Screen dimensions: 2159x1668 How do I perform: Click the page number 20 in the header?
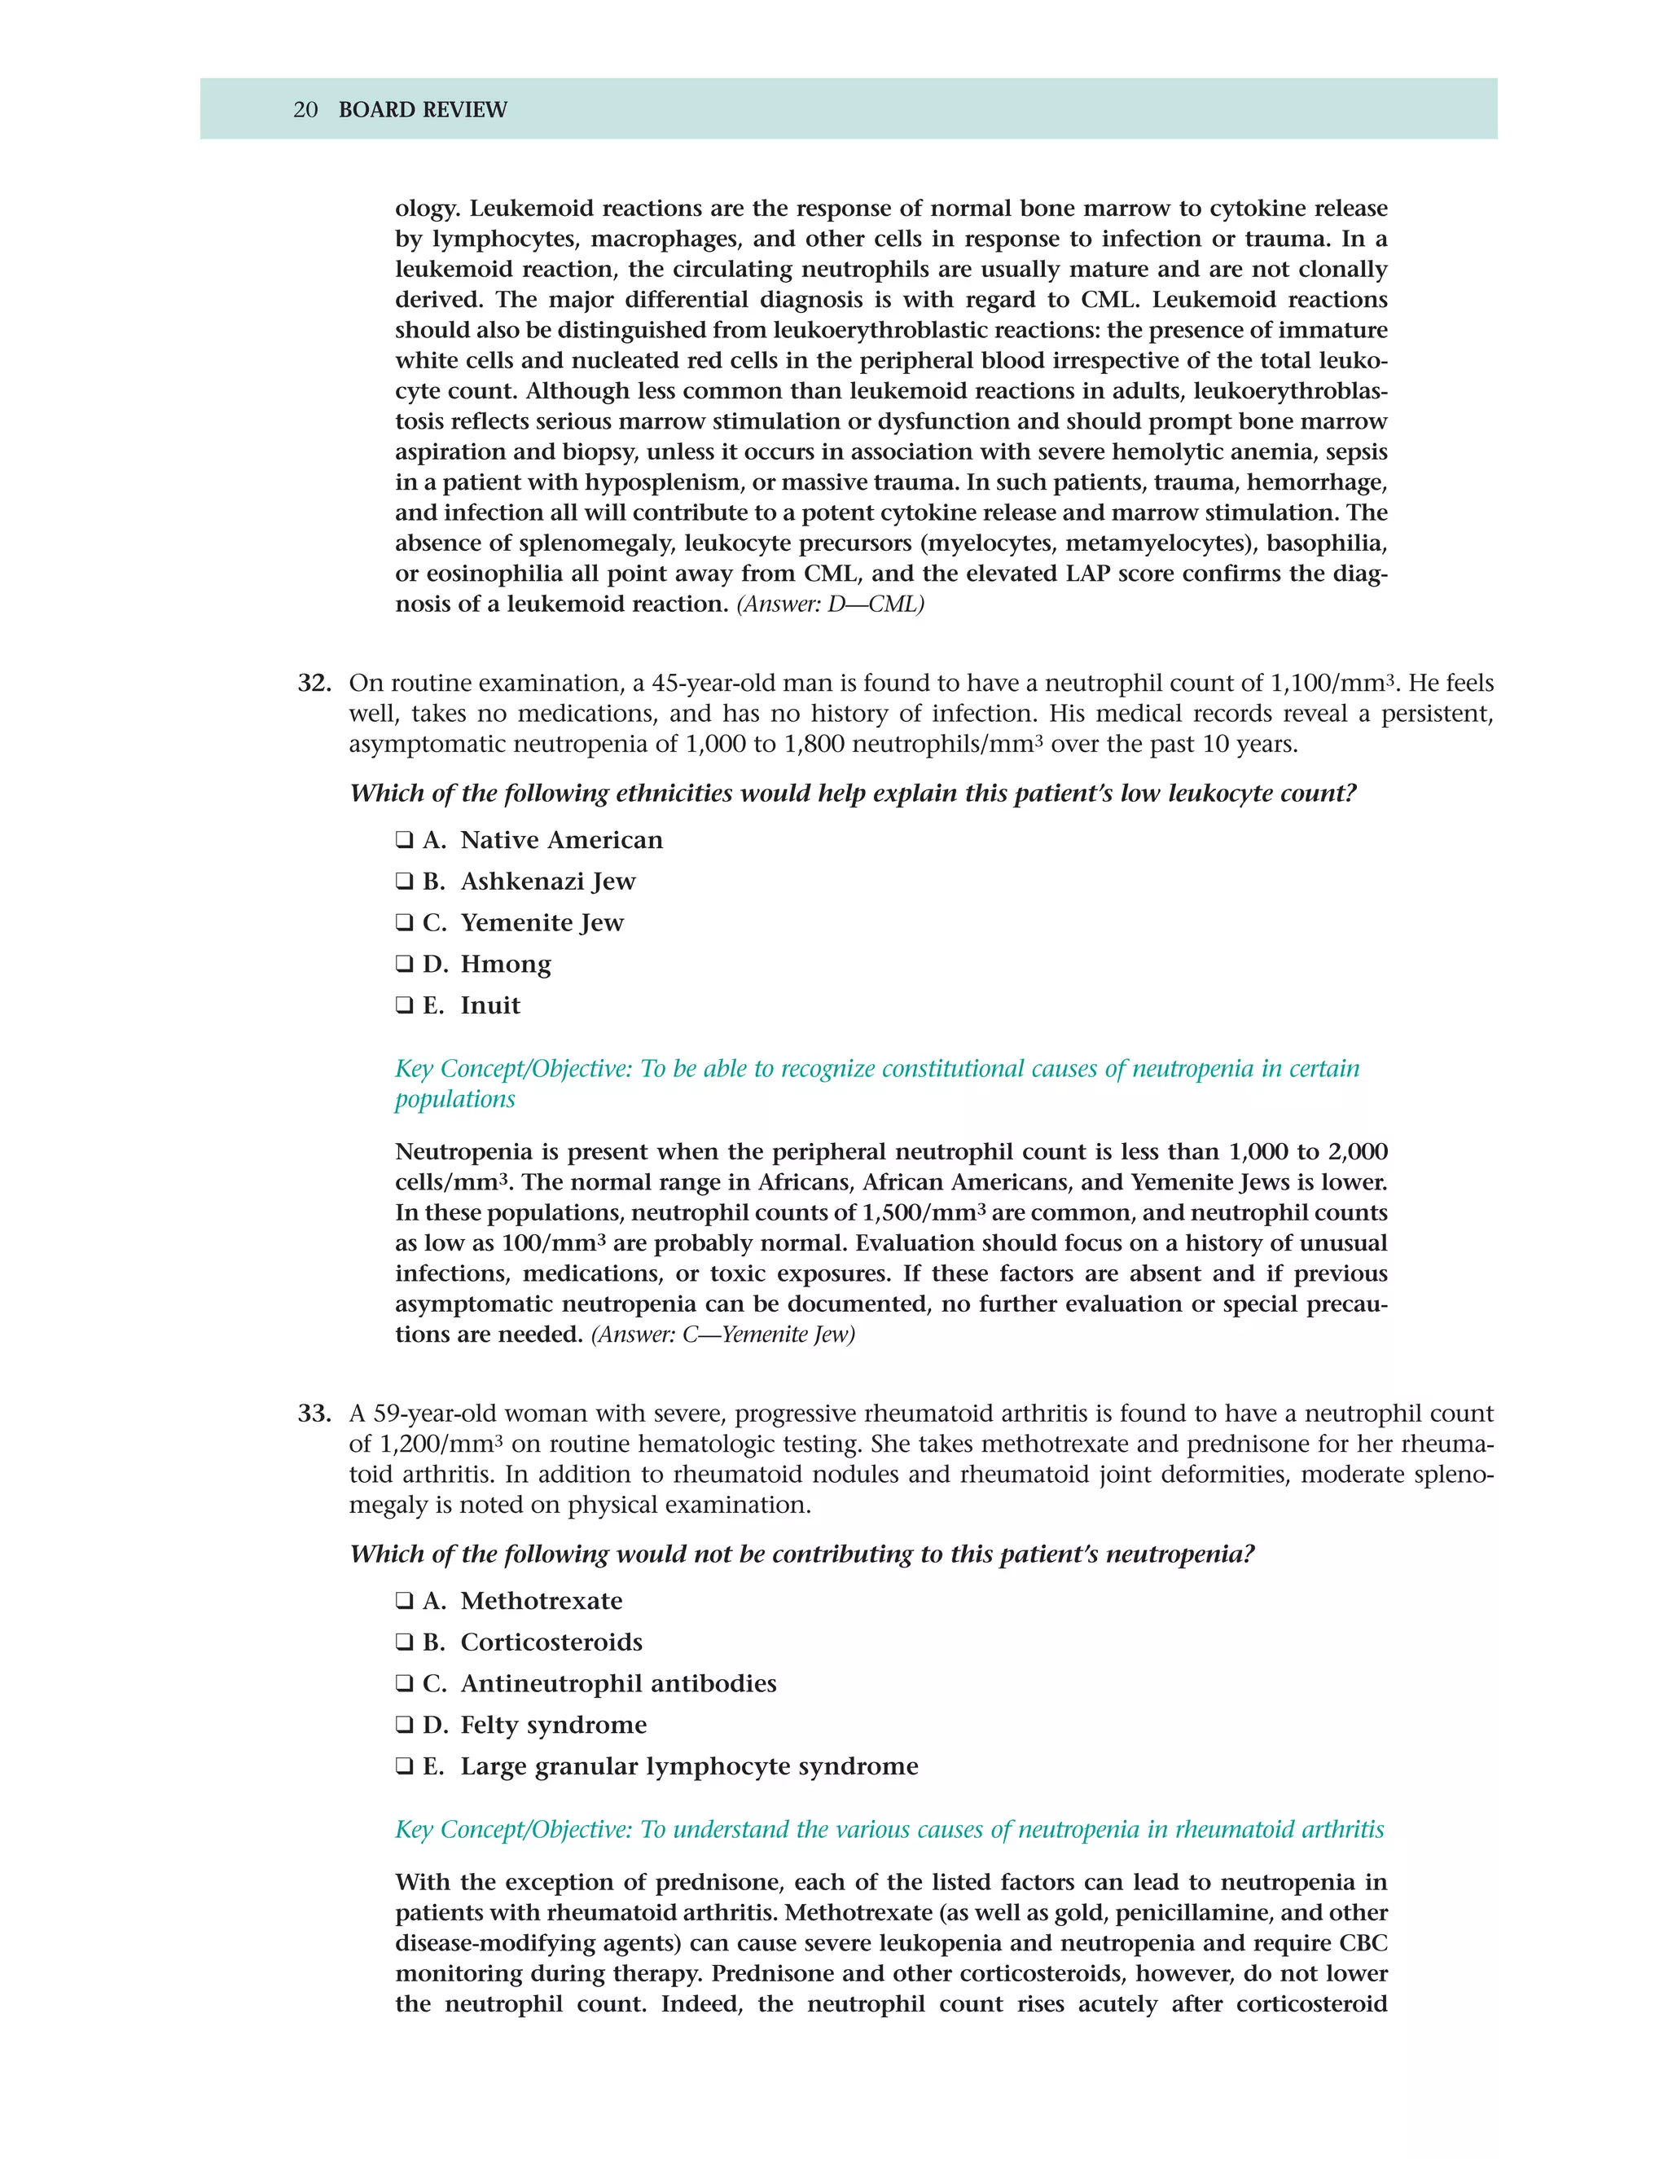pyautogui.click(x=305, y=110)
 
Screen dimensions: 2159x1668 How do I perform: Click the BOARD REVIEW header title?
pyautogui.click(x=423, y=110)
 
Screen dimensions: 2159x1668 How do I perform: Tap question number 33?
pyautogui.click(x=314, y=1414)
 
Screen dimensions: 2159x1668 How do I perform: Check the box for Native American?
pyautogui.click(x=404, y=840)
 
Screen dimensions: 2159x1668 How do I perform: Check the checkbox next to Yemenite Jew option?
pyautogui.click(x=404, y=923)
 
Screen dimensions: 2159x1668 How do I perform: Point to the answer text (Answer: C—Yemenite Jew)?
pyautogui.click(x=722, y=1335)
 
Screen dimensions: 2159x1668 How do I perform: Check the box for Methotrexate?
pyautogui.click(x=404, y=1602)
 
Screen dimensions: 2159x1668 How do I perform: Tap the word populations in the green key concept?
pyautogui.click(x=454, y=1100)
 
